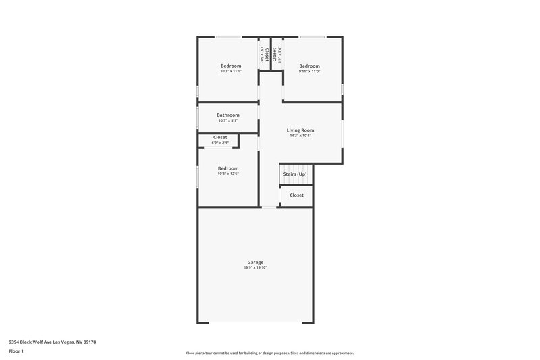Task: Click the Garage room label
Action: (x=255, y=262)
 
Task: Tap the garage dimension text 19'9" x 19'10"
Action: (x=255, y=268)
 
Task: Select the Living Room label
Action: (x=300, y=130)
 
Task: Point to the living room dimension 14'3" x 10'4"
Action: (x=300, y=136)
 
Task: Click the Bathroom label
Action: (x=228, y=115)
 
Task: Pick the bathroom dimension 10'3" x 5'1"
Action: (x=228, y=121)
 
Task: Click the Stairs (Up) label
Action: (x=295, y=174)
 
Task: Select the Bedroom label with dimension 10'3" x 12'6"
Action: (x=228, y=168)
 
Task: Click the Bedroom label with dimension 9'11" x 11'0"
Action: (x=310, y=66)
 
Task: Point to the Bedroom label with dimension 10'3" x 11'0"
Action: (x=231, y=66)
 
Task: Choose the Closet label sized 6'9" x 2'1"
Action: (x=220, y=137)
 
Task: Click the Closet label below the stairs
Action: (x=297, y=195)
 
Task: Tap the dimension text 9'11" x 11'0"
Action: (x=310, y=72)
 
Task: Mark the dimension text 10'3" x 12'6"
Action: (x=228, y=174)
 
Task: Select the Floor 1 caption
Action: (x=17, y=351)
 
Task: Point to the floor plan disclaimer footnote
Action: (x=269, y=353)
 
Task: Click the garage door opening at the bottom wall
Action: (x=255, y=322)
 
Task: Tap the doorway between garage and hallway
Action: (x=269, y=207)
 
